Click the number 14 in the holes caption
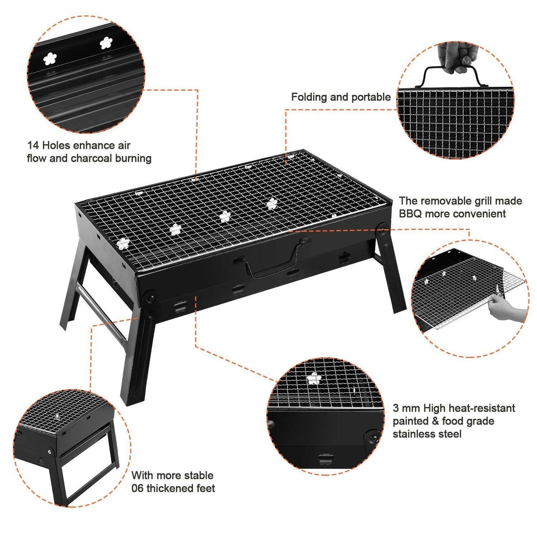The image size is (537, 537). point(33,145)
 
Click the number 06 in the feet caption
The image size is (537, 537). point(138,488)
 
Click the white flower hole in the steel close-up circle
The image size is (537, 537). point(314,378)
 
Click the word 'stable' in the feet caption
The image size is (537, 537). point(200,476)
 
